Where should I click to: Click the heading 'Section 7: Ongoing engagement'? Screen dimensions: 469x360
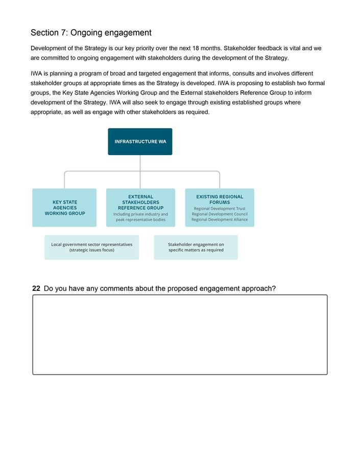[x=91, y=33]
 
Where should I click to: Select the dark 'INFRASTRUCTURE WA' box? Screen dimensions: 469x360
[x=140, y=141]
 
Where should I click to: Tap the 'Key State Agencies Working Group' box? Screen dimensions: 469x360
[x=65, y=208]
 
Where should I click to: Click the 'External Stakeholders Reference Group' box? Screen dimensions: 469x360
[x=140, y=208]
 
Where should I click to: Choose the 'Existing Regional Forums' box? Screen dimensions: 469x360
[x=220, y=208]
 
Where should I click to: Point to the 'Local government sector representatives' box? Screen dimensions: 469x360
[x=91, y=247]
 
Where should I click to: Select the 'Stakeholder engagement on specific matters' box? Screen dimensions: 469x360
[x=196, y=247]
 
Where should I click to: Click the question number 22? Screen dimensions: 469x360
[x=36, y=288]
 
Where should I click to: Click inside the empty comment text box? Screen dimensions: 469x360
[x=180, y=335]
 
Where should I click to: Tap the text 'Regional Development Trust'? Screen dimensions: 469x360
[x=220, y=209]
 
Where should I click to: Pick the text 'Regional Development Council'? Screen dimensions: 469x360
[x=220, y=214]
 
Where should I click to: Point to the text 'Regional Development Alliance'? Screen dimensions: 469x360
[x=220, y=220]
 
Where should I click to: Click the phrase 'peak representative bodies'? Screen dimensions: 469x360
[x=140, y=220]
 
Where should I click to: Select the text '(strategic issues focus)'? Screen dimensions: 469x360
[x=91, y=250]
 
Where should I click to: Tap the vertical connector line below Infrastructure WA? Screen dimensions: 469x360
[x=140, y=163]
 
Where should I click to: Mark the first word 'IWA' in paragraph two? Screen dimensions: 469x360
[x=37, y=73]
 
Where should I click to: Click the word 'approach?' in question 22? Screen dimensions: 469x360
[x=259, y=288]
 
